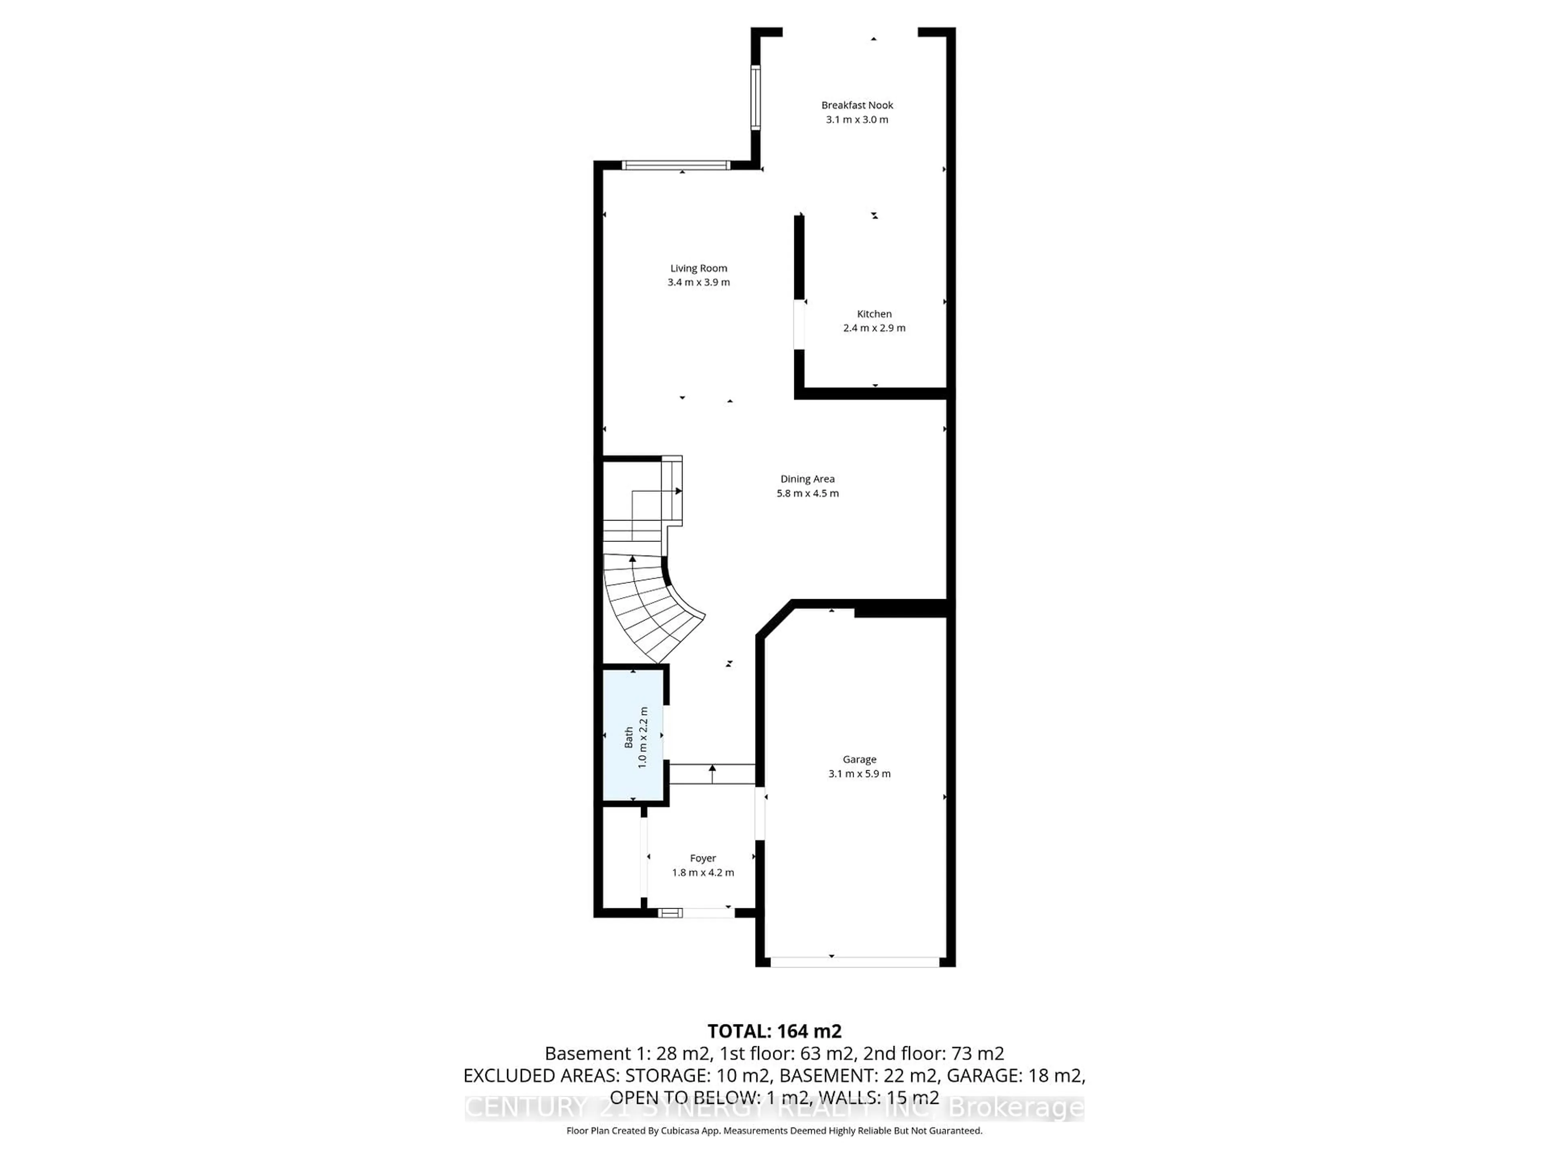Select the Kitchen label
pyautogui.click(x=874, y=314)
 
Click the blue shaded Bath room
pyautogui.click(x=633, y=736)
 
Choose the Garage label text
pyautogui.click(x=859, y=759)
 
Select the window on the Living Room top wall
pyautogui.click(x=676, y=166)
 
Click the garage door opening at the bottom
pyautogui.click(x=854, y=962)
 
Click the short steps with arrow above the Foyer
pyautogui.click(x=712, y=774)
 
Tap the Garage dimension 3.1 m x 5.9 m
pyautogui.click(x=859, y=774)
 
